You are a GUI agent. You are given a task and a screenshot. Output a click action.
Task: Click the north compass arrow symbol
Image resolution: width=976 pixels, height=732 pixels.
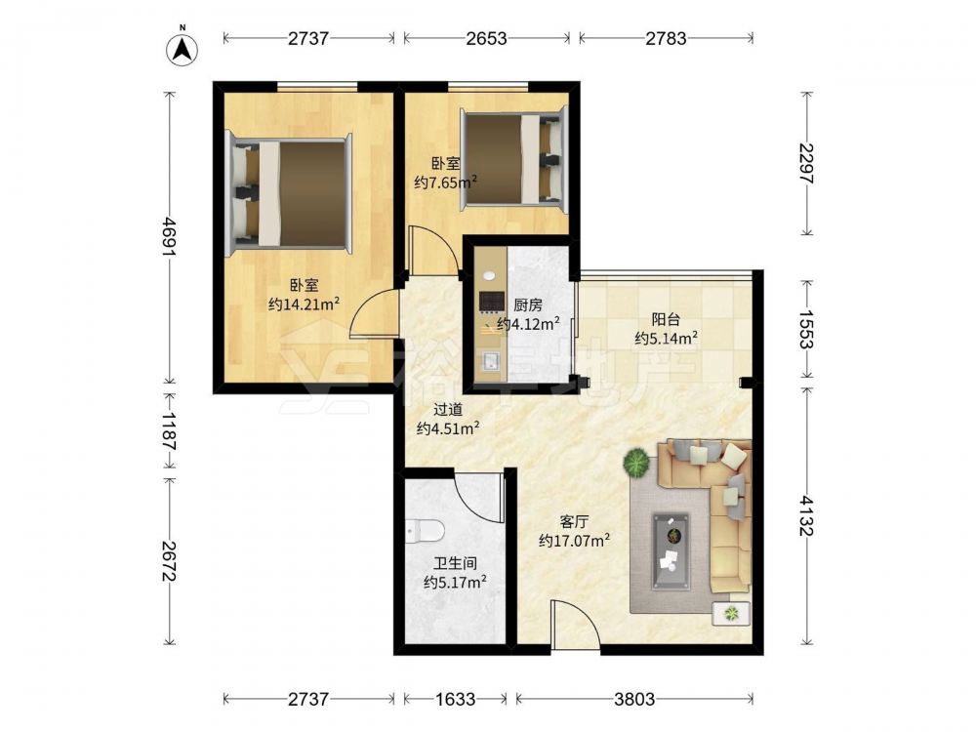coord(183,49)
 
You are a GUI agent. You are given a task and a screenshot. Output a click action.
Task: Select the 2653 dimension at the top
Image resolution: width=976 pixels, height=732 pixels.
coord(487,39)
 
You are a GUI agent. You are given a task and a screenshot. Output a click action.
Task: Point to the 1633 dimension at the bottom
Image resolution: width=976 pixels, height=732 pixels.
coord(455,699)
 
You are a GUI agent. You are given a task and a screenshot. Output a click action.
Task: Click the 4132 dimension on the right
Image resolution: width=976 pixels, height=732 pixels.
coord(807,515)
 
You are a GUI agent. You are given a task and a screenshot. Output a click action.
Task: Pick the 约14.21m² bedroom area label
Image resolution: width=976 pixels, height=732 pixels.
coord(305,304)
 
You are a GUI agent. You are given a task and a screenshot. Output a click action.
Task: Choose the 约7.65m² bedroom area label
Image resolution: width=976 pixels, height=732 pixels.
coord(446,183)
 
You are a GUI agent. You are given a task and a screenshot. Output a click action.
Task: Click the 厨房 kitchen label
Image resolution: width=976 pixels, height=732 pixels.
coord(528,305)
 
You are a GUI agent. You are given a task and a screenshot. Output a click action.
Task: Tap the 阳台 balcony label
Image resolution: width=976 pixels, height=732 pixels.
coord(666,320)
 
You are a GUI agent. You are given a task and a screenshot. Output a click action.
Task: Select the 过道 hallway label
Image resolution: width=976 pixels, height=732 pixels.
coord(448,410)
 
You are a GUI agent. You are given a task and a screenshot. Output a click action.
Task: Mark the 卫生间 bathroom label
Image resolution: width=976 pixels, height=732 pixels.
coord(455,563)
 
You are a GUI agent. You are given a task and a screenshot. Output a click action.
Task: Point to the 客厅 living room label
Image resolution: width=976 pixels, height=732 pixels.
coord(574,521)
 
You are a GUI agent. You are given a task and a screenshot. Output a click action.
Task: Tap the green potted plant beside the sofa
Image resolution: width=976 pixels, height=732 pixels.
coord(636,463)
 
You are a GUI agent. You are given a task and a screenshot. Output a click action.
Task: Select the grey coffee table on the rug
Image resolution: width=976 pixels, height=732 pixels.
coord(671,550)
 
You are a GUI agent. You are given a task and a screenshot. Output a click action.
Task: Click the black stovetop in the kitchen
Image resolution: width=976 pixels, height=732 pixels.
coord(492,302)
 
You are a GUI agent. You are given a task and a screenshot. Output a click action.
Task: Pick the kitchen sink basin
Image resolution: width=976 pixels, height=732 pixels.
coord(492,360)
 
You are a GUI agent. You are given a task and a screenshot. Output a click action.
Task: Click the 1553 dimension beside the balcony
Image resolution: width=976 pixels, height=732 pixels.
coord(807,329)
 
